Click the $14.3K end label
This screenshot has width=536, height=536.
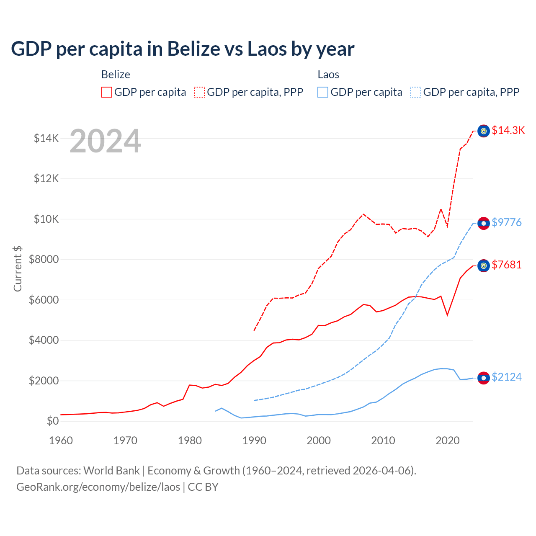point(508,130)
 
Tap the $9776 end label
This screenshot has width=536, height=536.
point(506,222)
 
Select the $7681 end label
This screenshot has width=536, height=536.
point(506,265)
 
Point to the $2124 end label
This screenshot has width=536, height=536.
point(506,377)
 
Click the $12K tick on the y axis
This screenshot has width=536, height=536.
point(46,179)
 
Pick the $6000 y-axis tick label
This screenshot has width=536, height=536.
point(44,300)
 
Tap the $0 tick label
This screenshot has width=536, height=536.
point(52,421)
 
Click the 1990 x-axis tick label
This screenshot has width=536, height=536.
point(254,441)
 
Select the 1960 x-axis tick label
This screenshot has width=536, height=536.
point(61,441)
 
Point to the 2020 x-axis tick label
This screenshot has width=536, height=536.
point(448,441)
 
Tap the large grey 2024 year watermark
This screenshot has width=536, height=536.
point(105,142)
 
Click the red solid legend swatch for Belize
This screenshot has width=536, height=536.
point(107,92)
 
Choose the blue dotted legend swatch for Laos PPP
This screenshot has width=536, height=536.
point(416,92)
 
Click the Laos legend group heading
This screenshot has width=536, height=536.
point(328,75)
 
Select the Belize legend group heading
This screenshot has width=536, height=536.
point(116,75)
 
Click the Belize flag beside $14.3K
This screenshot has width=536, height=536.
point(484,131)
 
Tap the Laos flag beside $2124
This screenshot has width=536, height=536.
point(484,378)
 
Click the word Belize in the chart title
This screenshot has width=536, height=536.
point(194,49)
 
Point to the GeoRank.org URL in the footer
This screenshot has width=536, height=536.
point(98,487)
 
